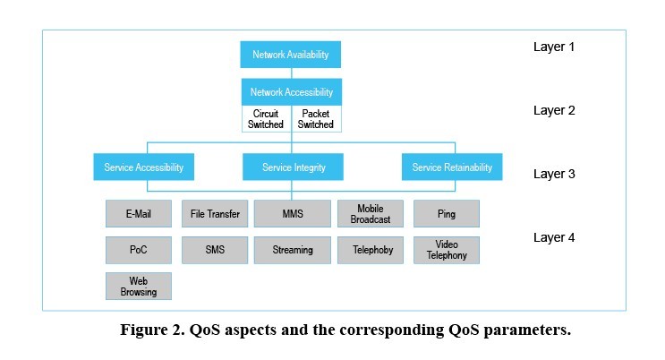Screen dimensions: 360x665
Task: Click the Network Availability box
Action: click(x=291, y=55)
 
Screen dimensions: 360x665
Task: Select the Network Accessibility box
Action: click(x=291, y=92)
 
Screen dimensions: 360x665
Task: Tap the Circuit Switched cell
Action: click(x=266, y=119)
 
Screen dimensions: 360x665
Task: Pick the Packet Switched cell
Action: click(x=316, y=119)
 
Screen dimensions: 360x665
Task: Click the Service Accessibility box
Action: click(x=143, y=167)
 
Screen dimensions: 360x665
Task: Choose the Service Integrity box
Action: click(x=293, y=167)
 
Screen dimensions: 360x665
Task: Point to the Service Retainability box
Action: click(x=451, y=167)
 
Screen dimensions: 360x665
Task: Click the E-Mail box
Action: click(x=138, y=214)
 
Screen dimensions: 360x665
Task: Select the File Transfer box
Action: click(x=215, y=214)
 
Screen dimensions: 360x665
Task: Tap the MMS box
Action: click(x=293, y=214)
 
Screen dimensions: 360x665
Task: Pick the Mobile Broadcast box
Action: click(x=370, y=214)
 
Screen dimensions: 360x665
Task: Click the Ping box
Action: click(x=446, y=214)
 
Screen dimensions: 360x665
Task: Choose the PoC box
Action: click(x=138, y=250)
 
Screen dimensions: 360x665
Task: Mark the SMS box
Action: click(x=215, y=250)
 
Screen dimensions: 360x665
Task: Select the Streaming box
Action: click(x=293, y=250)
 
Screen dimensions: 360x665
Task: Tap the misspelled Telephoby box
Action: click(x=370, y=250)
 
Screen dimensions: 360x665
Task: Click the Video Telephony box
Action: click(x=446, y=250)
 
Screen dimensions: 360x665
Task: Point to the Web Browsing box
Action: click(x=138, y=286)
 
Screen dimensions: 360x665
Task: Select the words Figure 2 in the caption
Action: click(x=153, y=330)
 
